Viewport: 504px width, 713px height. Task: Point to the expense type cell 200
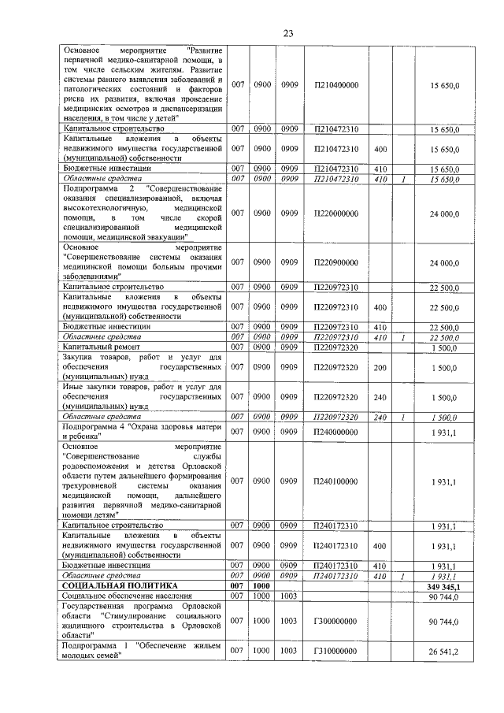pos(380,367)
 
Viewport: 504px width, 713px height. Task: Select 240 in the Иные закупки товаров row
pos(380,397)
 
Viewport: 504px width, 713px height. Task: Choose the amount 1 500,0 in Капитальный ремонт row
pos(444,347)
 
